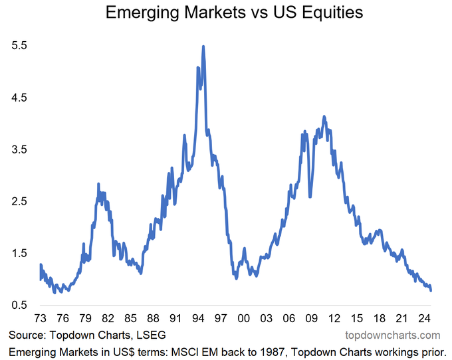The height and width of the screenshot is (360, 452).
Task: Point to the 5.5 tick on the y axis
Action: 19,46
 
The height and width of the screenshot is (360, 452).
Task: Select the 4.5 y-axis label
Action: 19,98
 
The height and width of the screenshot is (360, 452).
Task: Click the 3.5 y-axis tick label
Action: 19,149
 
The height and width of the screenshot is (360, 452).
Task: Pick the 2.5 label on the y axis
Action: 19,201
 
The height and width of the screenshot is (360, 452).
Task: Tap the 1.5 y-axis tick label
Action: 19,253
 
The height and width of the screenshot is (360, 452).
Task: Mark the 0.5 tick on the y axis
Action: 19,305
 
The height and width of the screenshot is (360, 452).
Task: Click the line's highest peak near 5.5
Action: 203,46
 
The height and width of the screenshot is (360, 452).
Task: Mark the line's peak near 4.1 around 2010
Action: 324,117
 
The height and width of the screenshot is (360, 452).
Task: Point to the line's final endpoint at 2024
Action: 431,290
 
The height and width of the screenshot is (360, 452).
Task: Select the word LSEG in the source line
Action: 148,335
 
